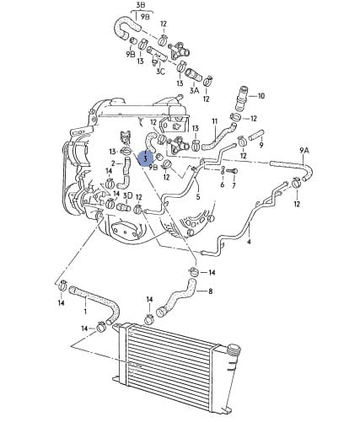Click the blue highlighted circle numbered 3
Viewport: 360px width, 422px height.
pyautogui.click(x=145, y=159)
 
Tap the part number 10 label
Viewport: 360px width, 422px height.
pyautogui.click(x=261, y=96)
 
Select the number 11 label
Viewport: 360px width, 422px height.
pyautogui.click(x=215, y=121)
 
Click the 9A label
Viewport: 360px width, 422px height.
pyautogui.click(x=304, y=151)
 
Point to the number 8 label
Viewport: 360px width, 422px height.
pyautogui.click(x=211, y=291)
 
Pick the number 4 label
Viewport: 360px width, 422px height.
pyautogui.click(x=249, y=242)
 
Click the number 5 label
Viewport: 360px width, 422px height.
pyautogui.click(x=198, y=196)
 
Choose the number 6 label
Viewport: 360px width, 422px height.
pyautogui.click(x=223, y=185)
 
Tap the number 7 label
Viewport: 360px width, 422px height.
pyautogui.click(x=234, y=185)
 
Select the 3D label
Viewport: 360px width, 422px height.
pyautogui.click(x=128, y=195)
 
